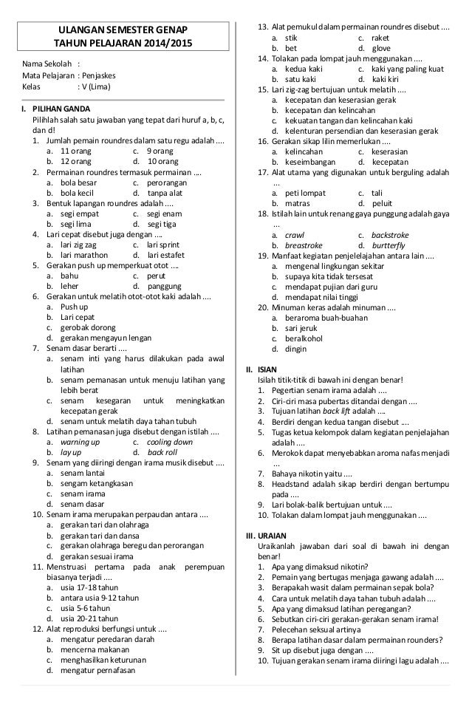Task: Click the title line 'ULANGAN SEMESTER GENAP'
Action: coord(123,30)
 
